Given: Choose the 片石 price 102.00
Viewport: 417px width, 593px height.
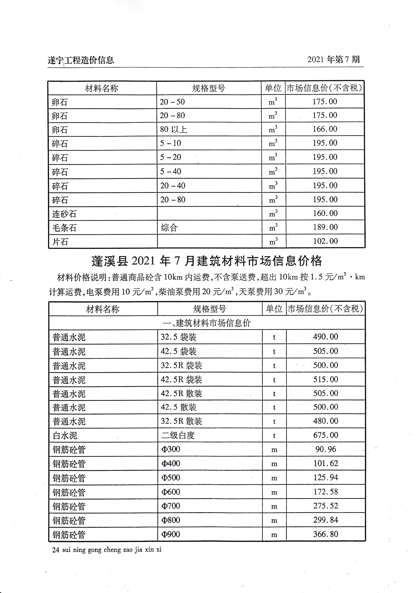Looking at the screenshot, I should point(325,241).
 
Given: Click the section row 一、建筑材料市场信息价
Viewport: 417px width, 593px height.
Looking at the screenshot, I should point(207,323).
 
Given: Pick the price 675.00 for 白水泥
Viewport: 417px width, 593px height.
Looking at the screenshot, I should point(325,435).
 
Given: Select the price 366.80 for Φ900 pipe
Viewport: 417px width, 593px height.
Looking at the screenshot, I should point(325,534).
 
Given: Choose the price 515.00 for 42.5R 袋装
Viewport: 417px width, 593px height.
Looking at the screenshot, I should point(325,379).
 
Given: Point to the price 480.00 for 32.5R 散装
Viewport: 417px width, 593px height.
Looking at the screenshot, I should point(325,421).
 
